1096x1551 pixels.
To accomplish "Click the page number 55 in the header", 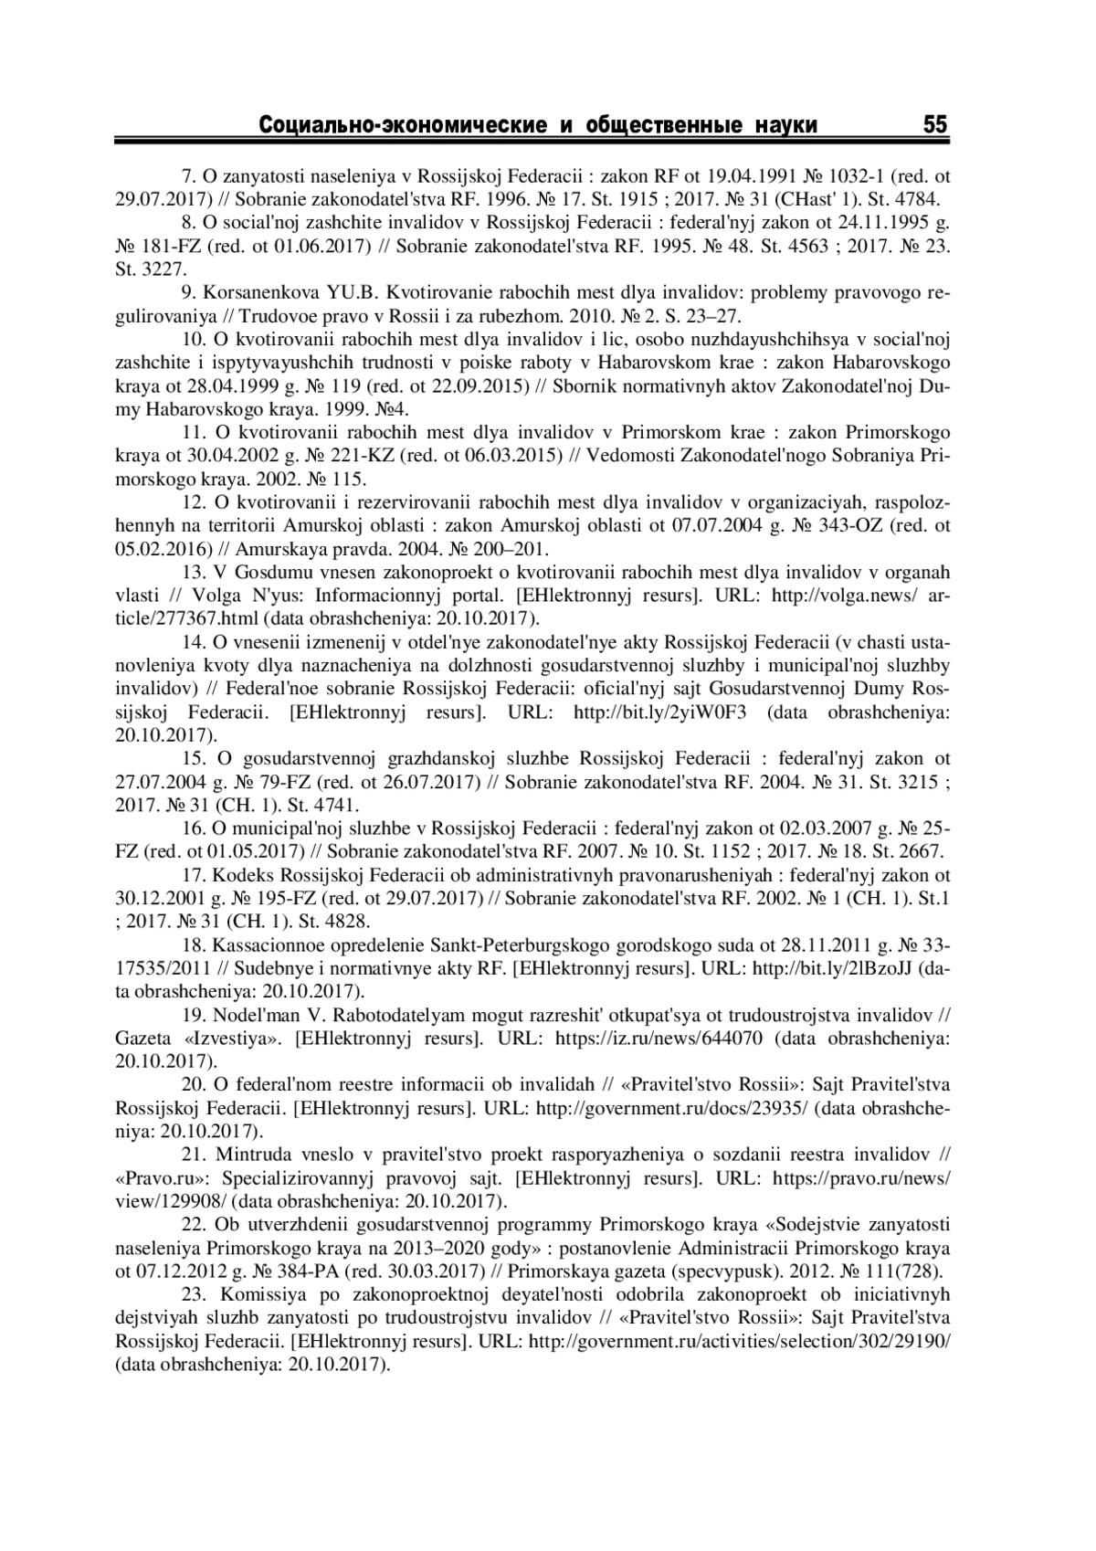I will [935, 125].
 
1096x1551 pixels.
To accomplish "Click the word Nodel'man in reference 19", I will [251, 1015].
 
